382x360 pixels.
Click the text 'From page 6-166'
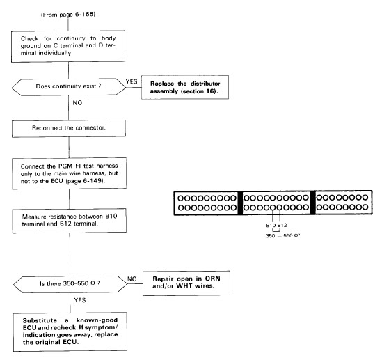pyautogui.click(x=68, y=15)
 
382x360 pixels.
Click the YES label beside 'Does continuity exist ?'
pyautogui.click(x=132, y=81)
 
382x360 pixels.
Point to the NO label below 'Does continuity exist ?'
pyautogui.click(x=77, y=103)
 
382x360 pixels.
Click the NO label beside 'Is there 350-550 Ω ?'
pyautogui.click(x=132, y=279)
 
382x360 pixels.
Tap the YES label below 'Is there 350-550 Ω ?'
pyautogui.click(x=80, y=300)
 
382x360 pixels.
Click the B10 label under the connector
pyautogui.click(x=271, y=225)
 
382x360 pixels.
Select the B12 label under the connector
pyautogui.click(x=282, y=225)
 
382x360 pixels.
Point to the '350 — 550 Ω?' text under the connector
pyautogui.click(x=283, y=235)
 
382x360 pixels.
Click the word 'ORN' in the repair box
pyautogui.click(x=212, y=279)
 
